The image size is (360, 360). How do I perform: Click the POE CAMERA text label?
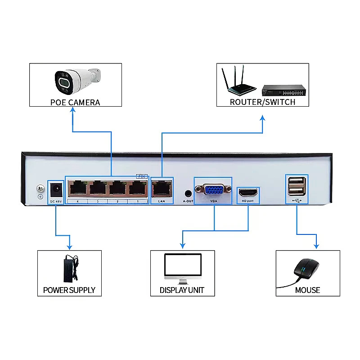tap(75, 102)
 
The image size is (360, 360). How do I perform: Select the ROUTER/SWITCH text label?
tap(262, 102)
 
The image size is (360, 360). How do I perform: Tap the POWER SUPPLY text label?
tap(69, 290)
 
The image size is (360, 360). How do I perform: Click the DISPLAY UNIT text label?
tap(182, 290)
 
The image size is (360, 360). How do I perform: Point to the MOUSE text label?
tap(307, 290)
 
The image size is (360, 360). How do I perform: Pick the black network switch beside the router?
tap(285, 90)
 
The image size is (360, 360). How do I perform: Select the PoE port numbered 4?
tap(77, 188)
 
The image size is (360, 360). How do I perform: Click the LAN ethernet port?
tap(162, 188)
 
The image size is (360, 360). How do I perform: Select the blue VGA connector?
tap(213, 189)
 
